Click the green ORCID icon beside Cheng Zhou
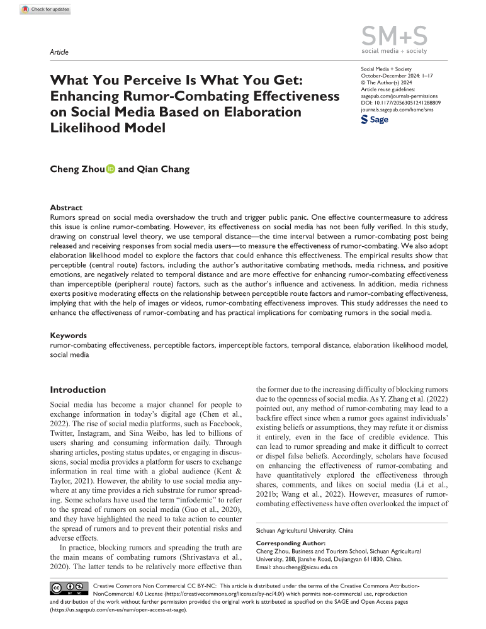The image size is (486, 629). click(x=111, y=169)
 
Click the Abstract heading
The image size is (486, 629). click(x=66, y=207)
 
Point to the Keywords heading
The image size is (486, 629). click(x=69, y=336)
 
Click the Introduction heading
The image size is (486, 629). click(x=78, y=390)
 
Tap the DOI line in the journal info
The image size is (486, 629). click(x=400, y=101)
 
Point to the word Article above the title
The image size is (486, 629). click(x=59, y=52)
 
